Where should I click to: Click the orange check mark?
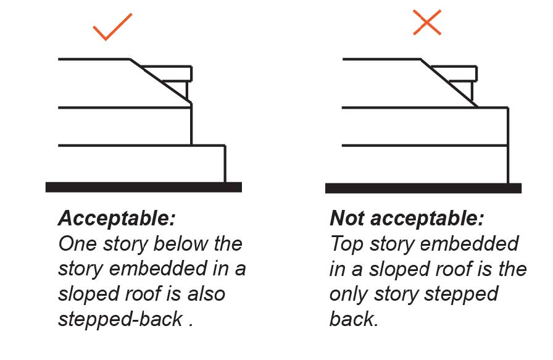pos(112,26)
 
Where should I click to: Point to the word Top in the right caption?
pos(346,245)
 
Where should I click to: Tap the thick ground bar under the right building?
pos(423,188)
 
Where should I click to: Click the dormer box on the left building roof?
pos(177,73)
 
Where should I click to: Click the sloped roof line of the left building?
pos(159,82)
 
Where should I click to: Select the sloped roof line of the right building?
pos(449,83)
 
